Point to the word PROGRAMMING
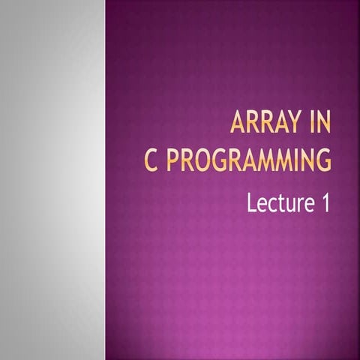(x=249, y=160)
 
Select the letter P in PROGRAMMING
(x=173, y=160)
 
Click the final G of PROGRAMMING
(x=323, y=160)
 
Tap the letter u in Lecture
(x=288, y=204)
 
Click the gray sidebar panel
(x=52, y=180)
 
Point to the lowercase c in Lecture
(x=271, y=204)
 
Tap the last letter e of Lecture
(x=305, y=204)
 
